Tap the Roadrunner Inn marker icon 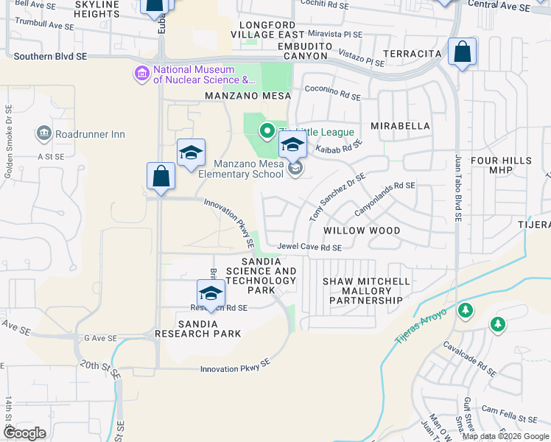click(43, 134)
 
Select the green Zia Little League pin click(267, 132)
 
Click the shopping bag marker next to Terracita click(462, 53)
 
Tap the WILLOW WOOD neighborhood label click(362, 231)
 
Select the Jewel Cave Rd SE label click(309, 248)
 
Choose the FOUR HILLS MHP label click(501, 166)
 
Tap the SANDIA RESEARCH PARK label click(198, 329)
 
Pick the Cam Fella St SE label click(509, 413)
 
